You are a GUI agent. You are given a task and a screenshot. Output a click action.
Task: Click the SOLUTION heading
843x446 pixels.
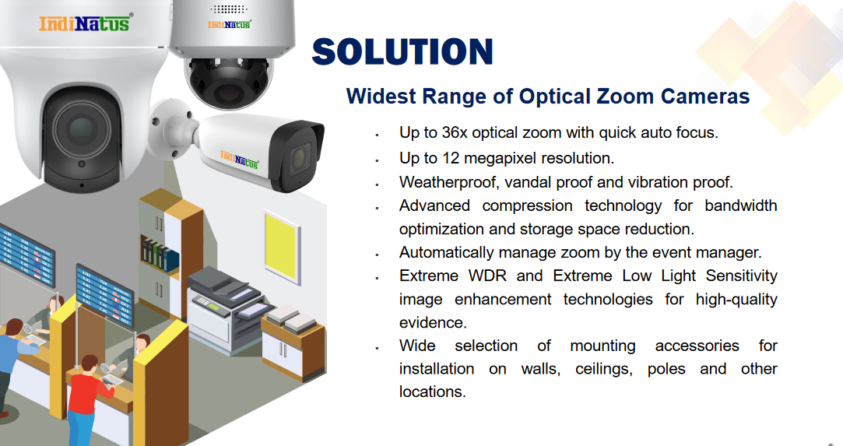coord(402,51)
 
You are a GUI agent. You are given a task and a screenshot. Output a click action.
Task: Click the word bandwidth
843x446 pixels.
coord(741,205)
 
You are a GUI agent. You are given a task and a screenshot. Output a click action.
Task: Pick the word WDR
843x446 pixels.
coord(487,276)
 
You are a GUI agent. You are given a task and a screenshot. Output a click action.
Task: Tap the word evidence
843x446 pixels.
coord(432,322)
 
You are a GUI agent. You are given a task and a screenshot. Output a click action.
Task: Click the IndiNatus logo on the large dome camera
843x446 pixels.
coord(84,23)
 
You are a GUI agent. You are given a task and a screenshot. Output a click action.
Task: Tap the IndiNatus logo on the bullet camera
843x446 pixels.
coord(239,159)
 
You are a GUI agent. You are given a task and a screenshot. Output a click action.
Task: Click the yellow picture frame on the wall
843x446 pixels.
coord(282,247)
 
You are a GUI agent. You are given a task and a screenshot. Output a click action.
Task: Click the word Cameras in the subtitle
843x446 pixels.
coord(704,97)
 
